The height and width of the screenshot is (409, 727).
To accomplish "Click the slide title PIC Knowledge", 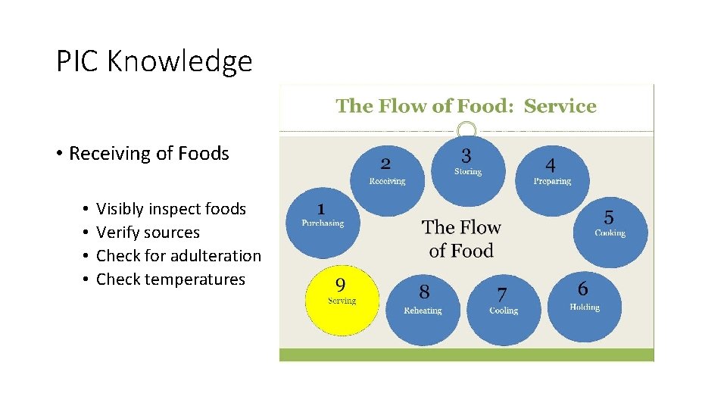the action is click(x=154, y=61).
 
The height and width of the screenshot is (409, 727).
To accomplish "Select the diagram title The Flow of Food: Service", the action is click(x=466, y=106).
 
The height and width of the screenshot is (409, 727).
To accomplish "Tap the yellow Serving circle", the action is click(x=342, y=301).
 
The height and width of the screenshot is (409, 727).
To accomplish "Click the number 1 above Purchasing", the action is click(x=322, y=208).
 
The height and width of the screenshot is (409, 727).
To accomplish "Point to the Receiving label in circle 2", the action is click(x=387, y=181).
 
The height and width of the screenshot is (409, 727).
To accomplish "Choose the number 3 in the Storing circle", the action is click(x=466, y=155).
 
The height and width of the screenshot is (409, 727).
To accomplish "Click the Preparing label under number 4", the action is click(x=552, y=181).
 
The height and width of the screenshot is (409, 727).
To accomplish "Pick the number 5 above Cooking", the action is click(x=609, y=217).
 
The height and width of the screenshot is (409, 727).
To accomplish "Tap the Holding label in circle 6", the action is click(x=584, y=307).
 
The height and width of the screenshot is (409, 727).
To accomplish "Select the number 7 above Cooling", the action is click(x=502, y=294).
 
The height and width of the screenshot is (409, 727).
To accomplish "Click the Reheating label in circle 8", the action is click(x=423, y=311).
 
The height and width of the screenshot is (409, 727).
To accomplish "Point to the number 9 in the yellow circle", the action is click(x=341, y=284).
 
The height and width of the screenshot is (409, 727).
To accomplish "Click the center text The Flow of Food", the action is click(x=461, y=239).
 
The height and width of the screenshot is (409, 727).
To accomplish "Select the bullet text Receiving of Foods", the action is click(x=148, y=154).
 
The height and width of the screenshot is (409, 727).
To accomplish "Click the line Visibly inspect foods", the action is click(x=171, y=208).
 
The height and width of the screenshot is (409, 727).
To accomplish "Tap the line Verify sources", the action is click(x=148, y=233).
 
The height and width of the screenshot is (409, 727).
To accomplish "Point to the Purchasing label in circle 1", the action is click(x=323, y=223).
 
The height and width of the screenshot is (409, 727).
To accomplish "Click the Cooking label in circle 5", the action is click(x=610, y=233).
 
